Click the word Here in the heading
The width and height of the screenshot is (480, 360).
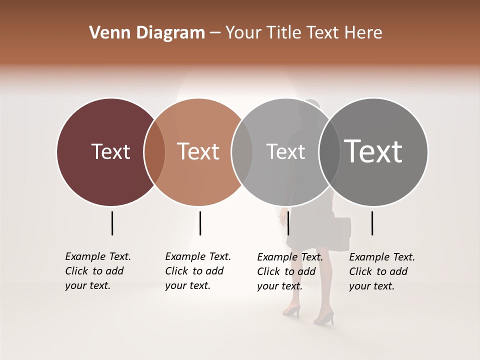[x=364, y=33]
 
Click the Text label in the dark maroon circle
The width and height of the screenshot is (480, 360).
[x=110, y=151]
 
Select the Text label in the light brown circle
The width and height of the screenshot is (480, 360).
[x=198, y=151]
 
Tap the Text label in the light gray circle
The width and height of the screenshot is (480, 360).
[x=285, y=151]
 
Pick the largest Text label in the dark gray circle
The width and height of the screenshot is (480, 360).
[x=373, y=151]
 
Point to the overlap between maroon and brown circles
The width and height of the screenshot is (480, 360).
[x=154, y=152]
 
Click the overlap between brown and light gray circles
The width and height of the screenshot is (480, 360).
[x=242, y=152]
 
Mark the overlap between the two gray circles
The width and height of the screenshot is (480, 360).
[x=329, y=152]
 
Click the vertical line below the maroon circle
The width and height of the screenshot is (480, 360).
[x=112, y=223]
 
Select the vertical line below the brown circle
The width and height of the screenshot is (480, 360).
[x=200, y=223]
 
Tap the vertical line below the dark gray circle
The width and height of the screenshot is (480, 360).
[x=372, y=223]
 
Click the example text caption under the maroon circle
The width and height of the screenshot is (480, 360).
[x=98, y=271]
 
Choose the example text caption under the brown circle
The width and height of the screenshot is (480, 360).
[x=198, y=271]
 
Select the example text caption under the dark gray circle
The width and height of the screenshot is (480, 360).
[x=382, y=271]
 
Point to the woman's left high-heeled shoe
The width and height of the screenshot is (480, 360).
[x=291, y=311]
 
